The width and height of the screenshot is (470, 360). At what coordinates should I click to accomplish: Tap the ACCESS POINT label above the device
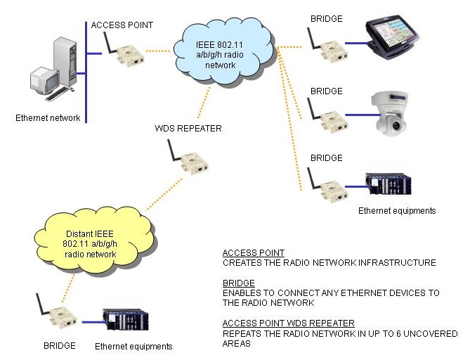[x=122, y=25]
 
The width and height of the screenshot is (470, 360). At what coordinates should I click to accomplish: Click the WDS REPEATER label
[x=188, y=129]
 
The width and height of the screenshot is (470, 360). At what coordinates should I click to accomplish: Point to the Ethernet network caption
[x=48, y=117]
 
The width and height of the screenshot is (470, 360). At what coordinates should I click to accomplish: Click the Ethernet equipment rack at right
[x=393, y=186]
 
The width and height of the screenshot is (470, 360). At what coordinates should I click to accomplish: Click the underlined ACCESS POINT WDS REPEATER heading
[x=278, y=323]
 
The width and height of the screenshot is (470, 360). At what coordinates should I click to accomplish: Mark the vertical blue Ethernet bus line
[x=86, y=70]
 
